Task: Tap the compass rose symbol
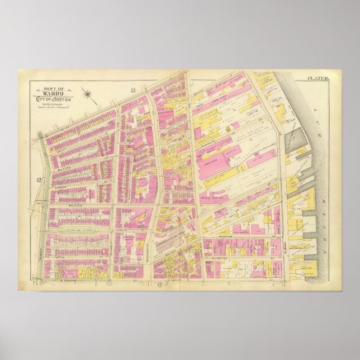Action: tap(88, 93)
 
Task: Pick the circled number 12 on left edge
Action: tap(40, 179)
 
